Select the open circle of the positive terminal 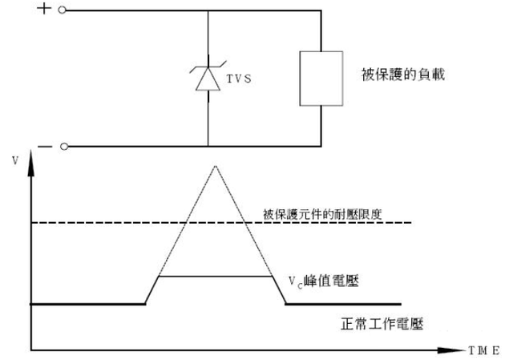63,11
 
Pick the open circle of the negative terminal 63,147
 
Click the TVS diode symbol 208,78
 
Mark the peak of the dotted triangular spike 215,165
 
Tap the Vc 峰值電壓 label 325,281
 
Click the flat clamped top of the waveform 215,277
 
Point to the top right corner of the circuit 321,11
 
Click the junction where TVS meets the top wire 208,11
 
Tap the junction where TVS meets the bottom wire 208,147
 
